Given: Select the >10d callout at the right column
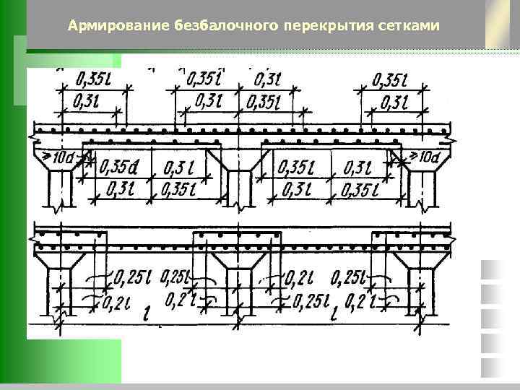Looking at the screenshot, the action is click(x=424, y=157).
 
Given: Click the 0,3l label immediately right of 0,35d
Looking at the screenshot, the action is click(x=178, y=168).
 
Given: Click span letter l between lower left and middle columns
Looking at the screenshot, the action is click(x=146, y=313).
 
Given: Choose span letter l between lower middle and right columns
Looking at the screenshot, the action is click(x=334, y=314).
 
